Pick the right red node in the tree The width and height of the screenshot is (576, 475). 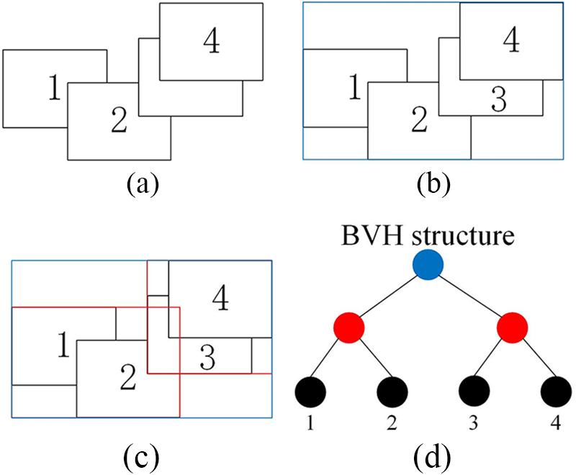(513, 328)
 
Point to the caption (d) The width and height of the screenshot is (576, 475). (436, 455)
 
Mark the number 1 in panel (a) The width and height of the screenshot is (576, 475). (53, 89)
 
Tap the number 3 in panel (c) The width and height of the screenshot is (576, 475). (205, 357)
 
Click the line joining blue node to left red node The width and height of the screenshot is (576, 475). (389, 297)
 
